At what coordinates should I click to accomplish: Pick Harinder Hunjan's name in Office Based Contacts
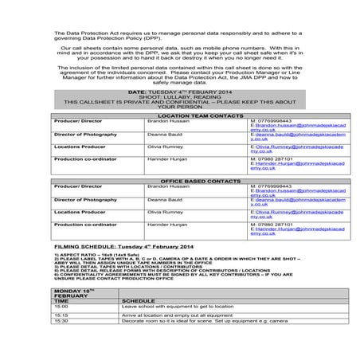click(x=166, y=225)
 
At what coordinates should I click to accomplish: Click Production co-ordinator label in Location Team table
click(x=86, y=158)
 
